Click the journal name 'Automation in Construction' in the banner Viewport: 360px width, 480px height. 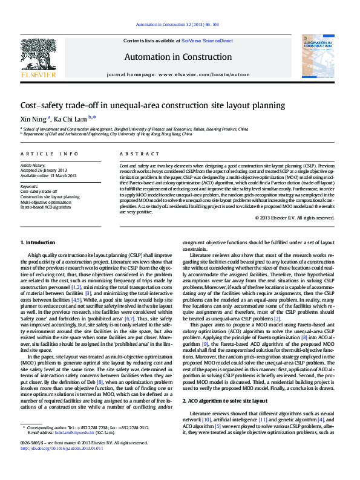[x=178, y=57]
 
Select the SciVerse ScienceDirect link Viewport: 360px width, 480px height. [x=207, y=41]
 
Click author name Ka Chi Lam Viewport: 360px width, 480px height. [x=70, y=118]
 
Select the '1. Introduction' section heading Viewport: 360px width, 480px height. [x=38, y=242]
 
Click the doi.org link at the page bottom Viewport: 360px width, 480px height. [x=62, y=448]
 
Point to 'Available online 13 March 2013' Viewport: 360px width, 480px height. [x=48, y=175]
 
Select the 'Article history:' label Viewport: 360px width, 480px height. [x=33, y=165]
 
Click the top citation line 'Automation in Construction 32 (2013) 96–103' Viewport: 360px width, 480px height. [x=177, y=25]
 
